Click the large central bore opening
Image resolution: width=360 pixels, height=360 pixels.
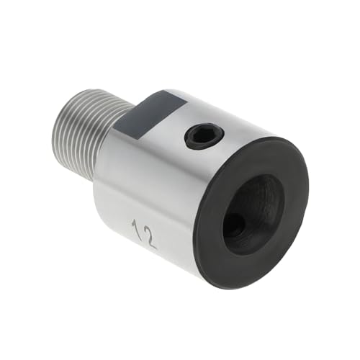[252, 212]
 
